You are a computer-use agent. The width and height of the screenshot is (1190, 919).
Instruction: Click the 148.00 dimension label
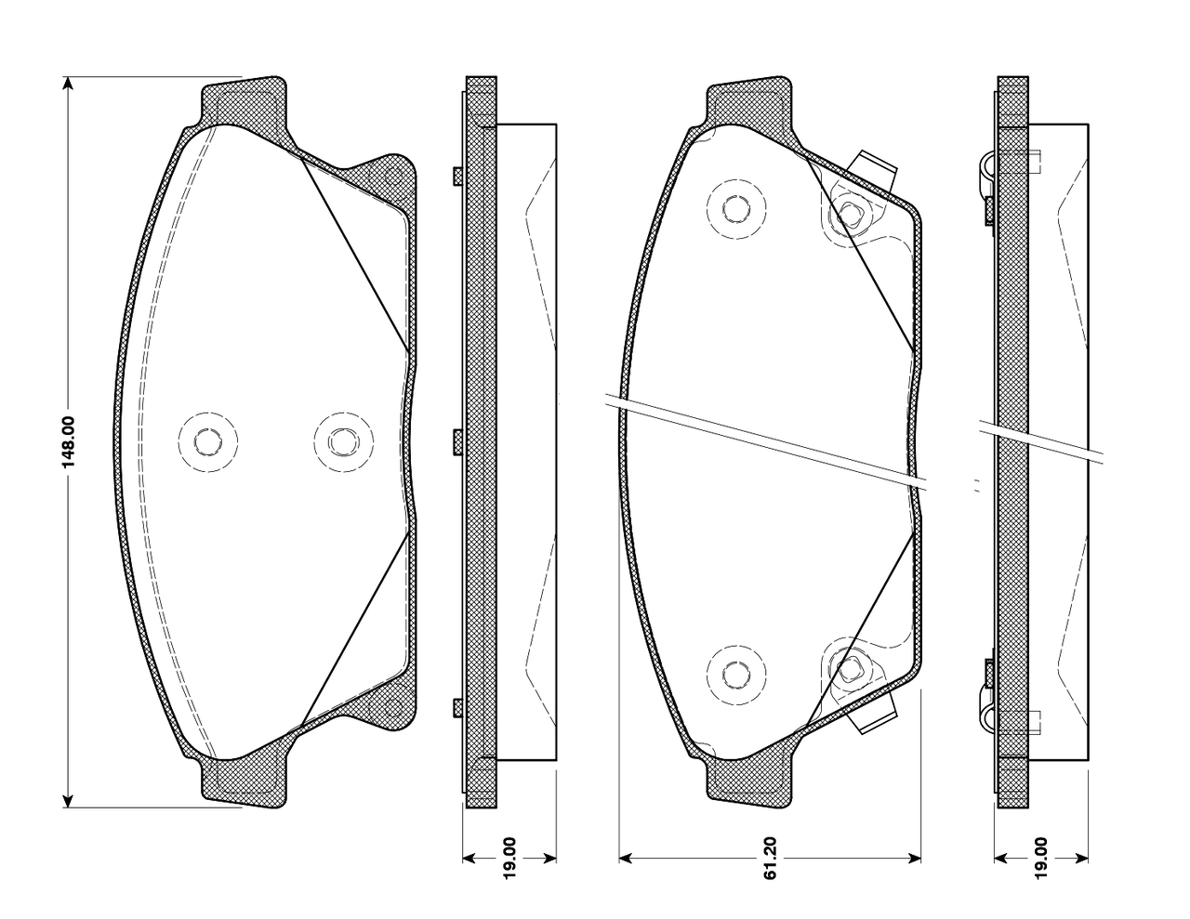[x=69, y=443]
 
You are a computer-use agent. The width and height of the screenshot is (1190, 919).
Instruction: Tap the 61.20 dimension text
[x=770, y=865]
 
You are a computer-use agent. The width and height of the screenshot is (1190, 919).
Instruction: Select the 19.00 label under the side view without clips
[x=509, y=865]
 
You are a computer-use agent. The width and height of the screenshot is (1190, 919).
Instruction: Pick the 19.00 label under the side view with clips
[x=1040, y=865]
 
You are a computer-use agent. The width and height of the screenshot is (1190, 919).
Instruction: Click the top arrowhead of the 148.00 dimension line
[x=67, y=83]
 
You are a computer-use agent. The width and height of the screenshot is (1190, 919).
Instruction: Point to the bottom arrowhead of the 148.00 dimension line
[x=67, y=800]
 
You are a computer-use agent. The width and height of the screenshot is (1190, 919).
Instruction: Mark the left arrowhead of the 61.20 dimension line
[x=626, y=858]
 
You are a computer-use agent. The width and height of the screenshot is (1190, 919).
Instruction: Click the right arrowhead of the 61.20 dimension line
[x=914, y=858]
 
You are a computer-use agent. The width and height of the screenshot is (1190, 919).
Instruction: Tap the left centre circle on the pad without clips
[x=208, y=441]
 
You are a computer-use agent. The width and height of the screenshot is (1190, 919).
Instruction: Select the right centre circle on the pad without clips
[x=344, y=441]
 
